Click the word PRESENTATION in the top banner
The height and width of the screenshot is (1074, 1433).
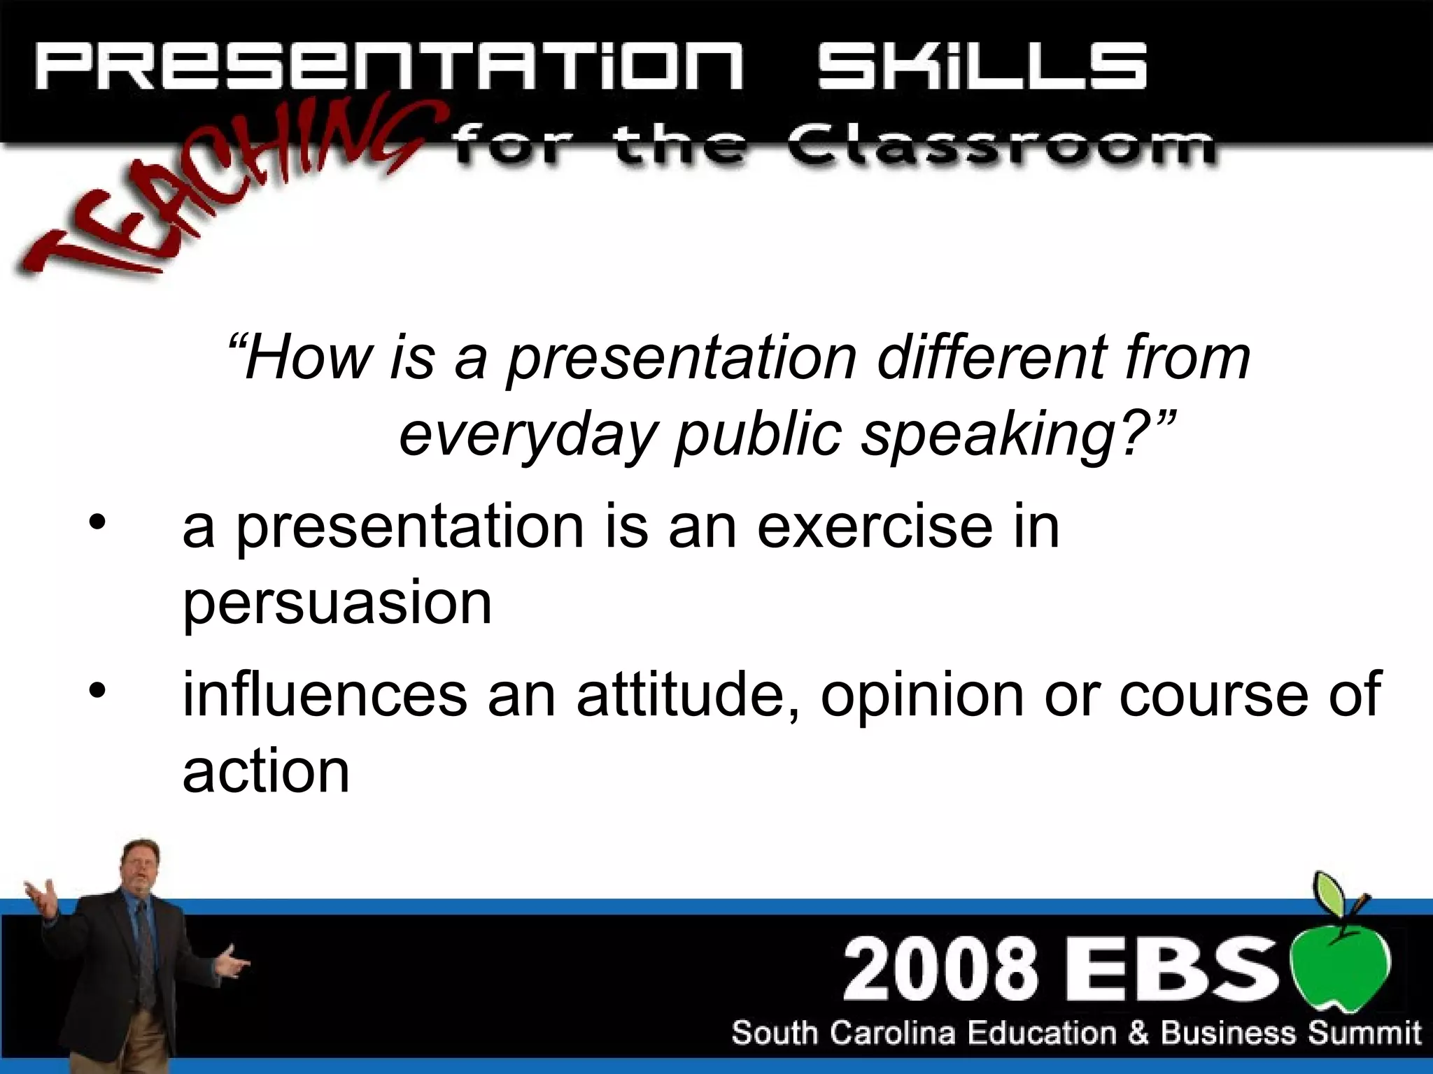388,66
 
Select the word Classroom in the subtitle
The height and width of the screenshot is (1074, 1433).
1000,147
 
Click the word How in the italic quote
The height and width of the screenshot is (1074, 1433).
308,358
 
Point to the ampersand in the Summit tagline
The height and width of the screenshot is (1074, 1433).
1138,1032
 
